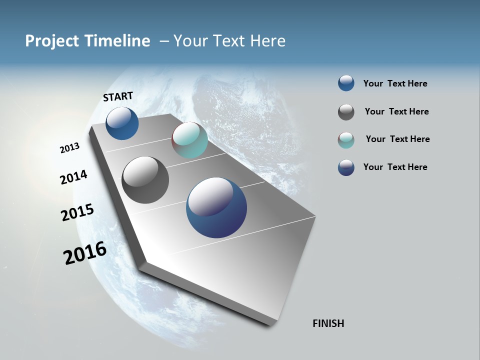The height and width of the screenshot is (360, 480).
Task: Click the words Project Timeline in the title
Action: pyautogui.click(x=87, y=41)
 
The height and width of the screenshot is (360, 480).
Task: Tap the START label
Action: pyautogui.click(x=118, y=96)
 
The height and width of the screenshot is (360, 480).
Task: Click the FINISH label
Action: pyautogui.click(x=328, y=323)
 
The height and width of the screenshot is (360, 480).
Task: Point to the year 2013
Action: pyautogui.click(x=69, y=148)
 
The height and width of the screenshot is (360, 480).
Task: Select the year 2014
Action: pyautogui.click(x=73, y=177)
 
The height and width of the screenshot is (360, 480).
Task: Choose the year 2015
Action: pyautogui.click(x=77, y=212)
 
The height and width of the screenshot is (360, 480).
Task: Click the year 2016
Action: pyautogui.click(x=85, y=253)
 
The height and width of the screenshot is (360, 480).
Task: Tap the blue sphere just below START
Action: pyautogui.click(x=122, y=123)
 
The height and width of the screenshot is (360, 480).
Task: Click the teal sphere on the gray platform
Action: pyautogui.click(x=189, y=140)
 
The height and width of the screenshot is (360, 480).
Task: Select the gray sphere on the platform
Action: pyautogui.click(x=145, y=180)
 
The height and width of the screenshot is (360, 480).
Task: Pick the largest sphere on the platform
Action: pyautogui.click(x=216, y=207)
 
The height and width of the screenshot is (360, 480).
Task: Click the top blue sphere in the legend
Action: pyautogui.click(x=346, y=83)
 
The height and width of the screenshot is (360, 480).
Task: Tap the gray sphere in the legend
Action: pyautogui.click(x=346, y=112)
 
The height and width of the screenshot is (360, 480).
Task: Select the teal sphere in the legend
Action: pyautogui.click(x=346, y=140)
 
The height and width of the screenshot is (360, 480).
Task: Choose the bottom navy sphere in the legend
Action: pyautogui.click(x=346, y=167)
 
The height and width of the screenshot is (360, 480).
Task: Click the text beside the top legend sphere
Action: pyautogui.click(x=395, y=83)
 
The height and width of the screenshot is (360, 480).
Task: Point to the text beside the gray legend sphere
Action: pyautogui.click(x=396, y=111)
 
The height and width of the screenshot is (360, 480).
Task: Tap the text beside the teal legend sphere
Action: pyautogui.click(x=397, y=139)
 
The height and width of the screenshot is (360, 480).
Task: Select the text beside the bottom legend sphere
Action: pyautogui.click(x=395, y=167)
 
